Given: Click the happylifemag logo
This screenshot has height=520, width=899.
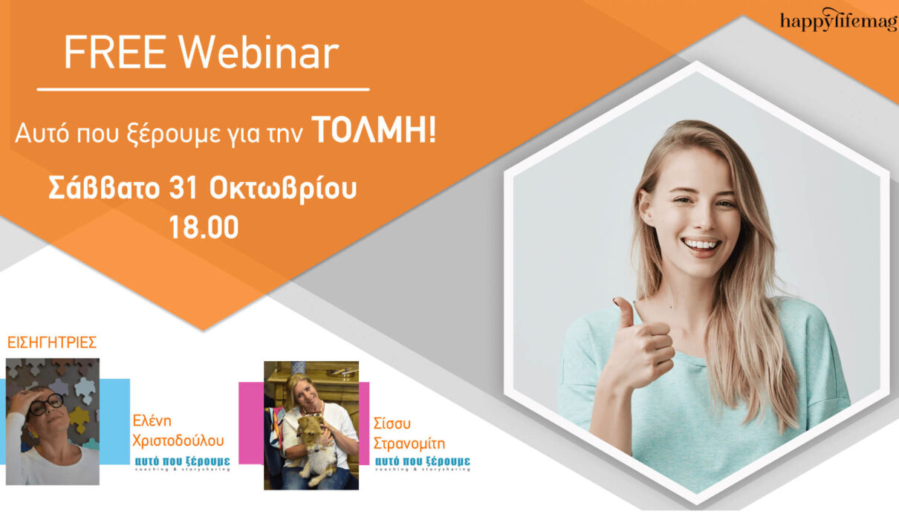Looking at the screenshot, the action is [839, 20].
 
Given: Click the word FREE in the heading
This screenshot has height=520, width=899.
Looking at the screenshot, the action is [115, 53].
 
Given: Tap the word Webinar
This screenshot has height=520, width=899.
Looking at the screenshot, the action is [259, 53].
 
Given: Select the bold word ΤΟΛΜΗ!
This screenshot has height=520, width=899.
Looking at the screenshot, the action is [374, 130].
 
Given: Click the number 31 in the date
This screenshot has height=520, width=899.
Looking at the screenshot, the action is [184, 188].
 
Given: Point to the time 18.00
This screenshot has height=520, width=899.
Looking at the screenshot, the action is [204, 227].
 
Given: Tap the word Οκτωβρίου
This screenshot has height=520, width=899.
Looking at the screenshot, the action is [283, 188].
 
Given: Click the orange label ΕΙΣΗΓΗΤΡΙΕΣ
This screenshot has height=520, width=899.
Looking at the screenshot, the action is [52, 342].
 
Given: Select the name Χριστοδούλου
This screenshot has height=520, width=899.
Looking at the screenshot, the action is [178, 441].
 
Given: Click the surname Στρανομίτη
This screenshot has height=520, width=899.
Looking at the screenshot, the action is [409, 443].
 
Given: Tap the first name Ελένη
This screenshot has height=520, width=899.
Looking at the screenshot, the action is [152, 420].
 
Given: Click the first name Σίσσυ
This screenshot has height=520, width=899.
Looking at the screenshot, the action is [392, 423].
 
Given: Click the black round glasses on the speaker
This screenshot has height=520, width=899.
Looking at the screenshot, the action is [47, 404].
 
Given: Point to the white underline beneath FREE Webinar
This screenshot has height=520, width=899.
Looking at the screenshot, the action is [203, 89].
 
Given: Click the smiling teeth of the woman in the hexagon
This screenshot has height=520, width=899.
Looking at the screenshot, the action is [702, 244].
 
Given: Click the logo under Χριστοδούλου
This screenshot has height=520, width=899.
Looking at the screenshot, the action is [183, 463].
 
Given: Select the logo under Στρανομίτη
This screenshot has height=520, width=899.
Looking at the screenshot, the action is [423, 463].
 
